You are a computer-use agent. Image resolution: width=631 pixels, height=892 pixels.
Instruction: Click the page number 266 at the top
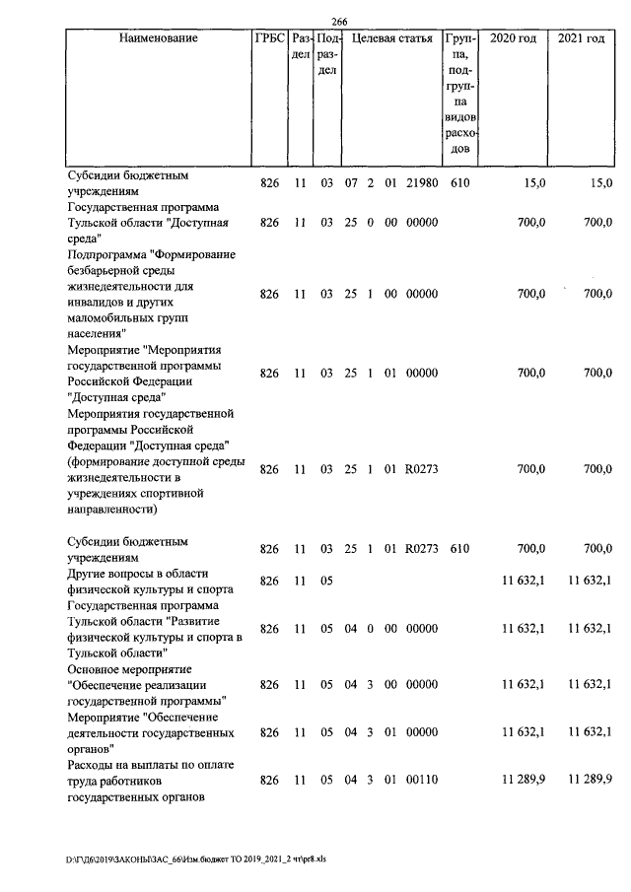340,23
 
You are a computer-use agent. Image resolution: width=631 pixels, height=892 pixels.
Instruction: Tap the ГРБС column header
269,38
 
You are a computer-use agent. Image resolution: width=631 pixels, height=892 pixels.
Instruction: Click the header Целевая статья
392,38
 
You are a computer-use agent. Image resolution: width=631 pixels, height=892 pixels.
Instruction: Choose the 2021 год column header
581,38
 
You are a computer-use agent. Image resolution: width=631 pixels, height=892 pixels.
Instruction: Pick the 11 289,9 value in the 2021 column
590,781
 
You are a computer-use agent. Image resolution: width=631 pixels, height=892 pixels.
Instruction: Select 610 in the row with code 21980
460,183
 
